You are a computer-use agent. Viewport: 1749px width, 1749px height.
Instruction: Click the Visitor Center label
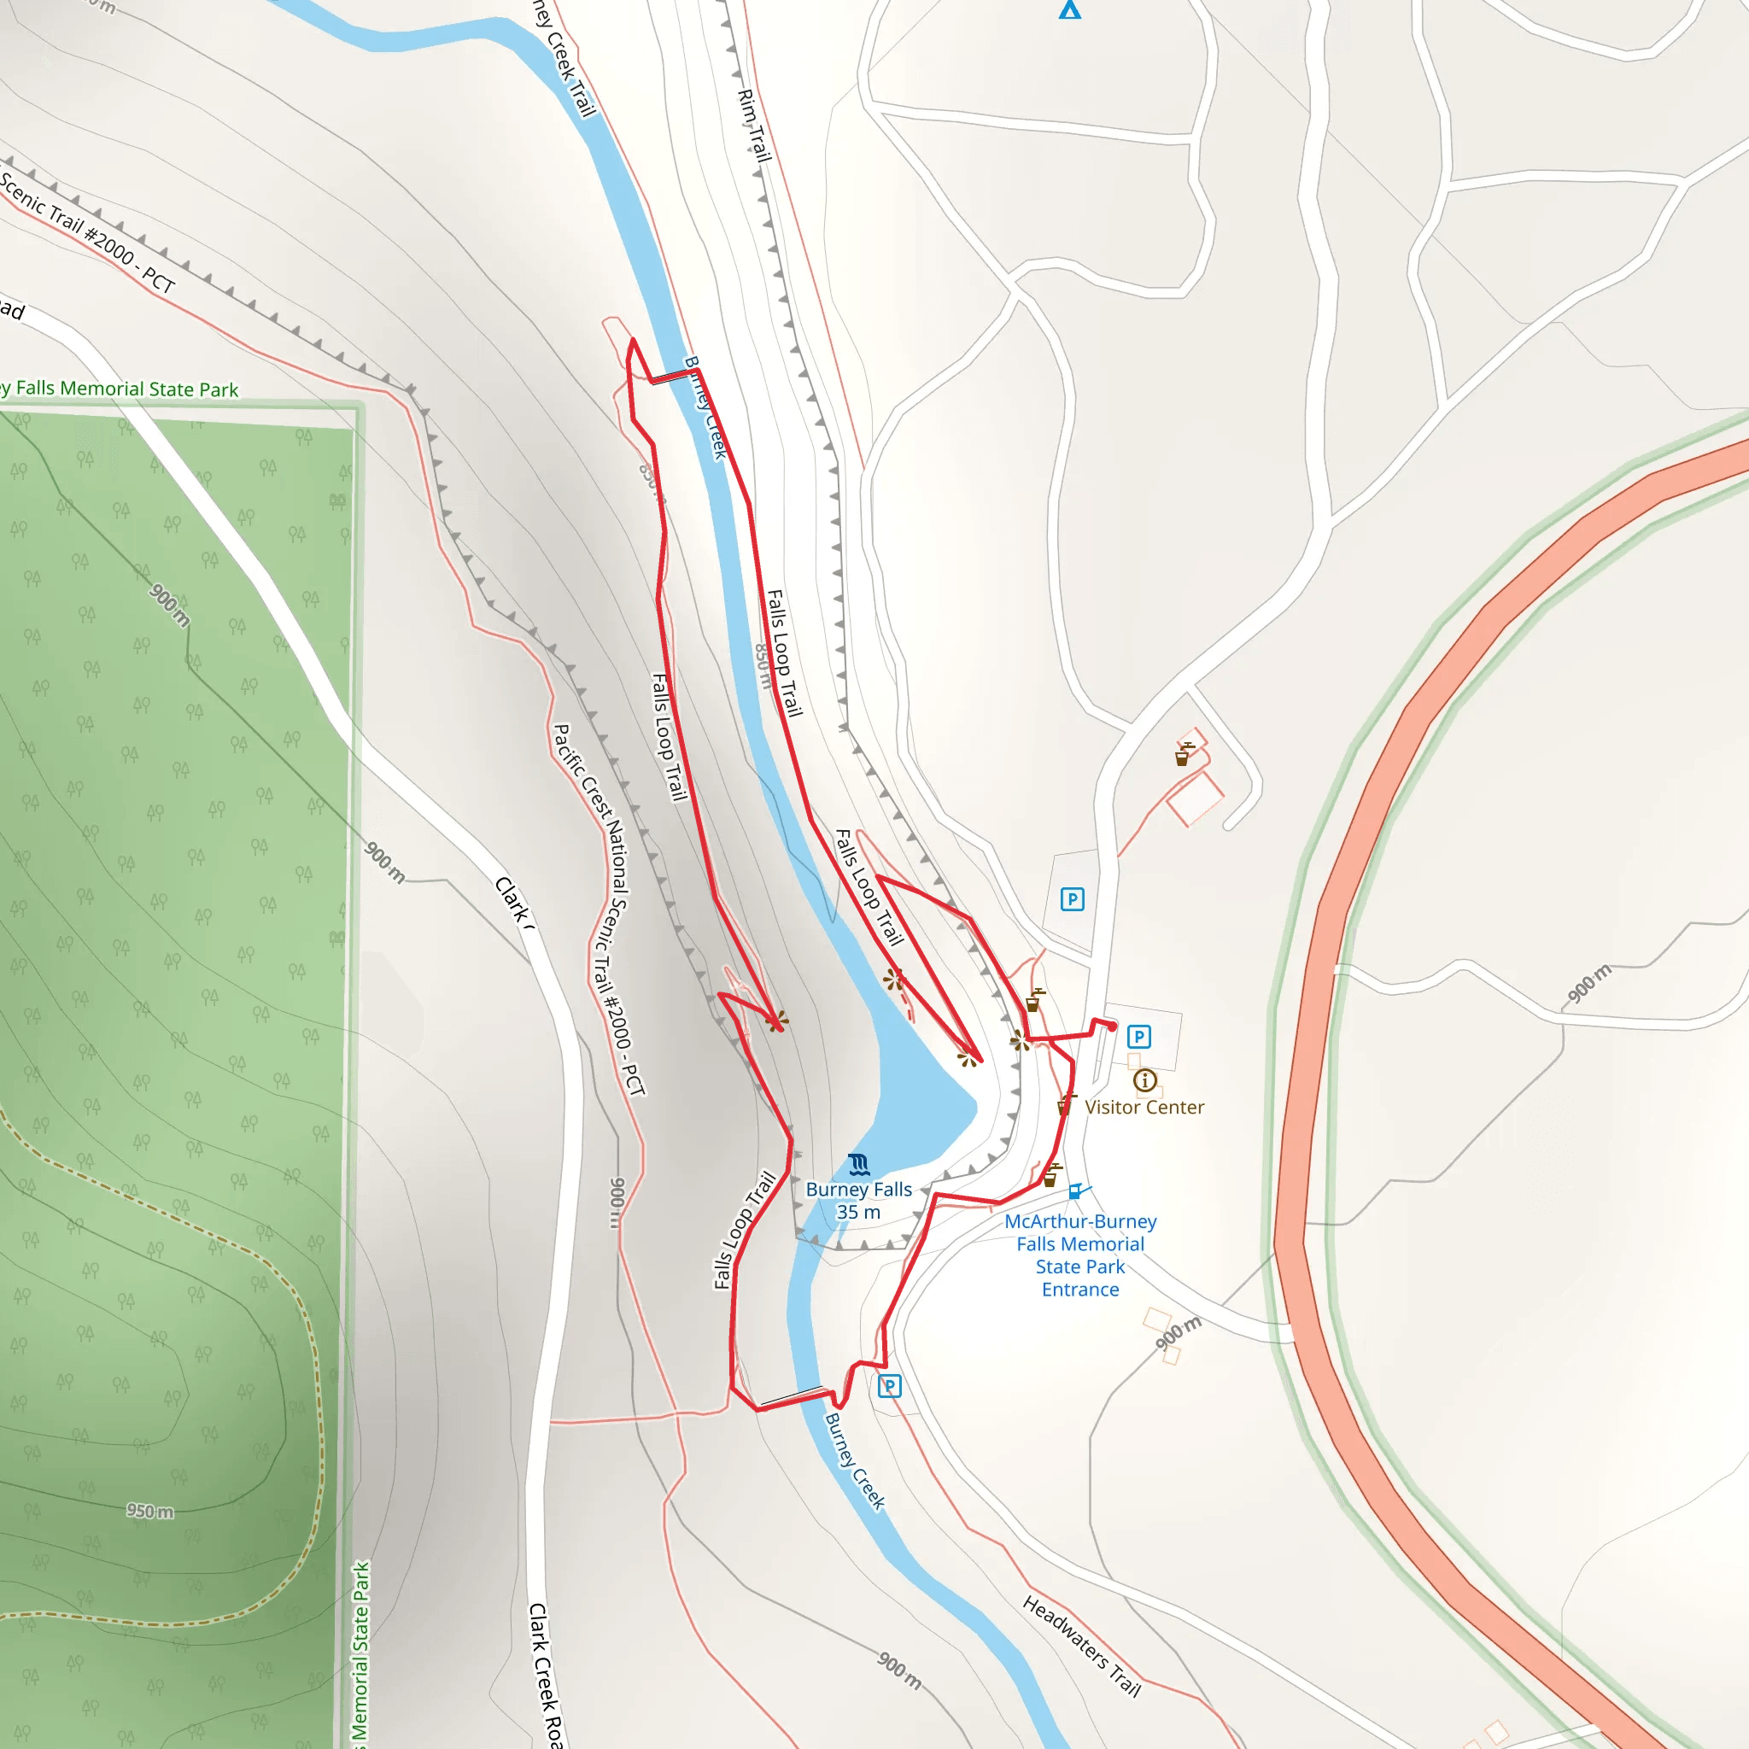[x=1144, y=1107]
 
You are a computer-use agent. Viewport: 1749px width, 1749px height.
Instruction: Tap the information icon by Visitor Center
[x=1144, y=1080]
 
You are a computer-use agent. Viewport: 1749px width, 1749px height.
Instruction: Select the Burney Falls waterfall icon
[x=859, y=1165]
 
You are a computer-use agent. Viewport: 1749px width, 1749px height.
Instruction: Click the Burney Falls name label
[x=858, y=1190]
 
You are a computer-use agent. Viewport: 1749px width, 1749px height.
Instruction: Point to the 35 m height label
[x=858, y=1212]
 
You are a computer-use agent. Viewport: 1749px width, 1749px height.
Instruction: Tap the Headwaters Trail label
[x=1082, y=1646]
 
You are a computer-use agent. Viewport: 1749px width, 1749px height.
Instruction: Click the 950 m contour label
[x=150, y=1511]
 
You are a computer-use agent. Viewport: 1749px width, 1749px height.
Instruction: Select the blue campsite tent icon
[x=1070, y=10]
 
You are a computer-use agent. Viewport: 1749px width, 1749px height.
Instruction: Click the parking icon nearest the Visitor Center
[x=1139, y=1037]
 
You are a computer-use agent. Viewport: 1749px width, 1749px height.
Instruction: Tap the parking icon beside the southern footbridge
[x=889, y=1386]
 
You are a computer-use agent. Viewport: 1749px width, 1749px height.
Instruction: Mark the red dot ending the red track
[x=1112, y=1027]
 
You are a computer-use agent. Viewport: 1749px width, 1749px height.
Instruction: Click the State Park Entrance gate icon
[x=1077, y=1191]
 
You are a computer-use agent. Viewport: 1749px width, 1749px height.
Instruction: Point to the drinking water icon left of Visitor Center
[x=1067, y=1104]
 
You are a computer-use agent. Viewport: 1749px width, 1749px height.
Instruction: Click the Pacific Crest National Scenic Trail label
[x=600, y=910]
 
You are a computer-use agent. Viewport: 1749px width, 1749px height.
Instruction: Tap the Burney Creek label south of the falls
[x=855, y=1461]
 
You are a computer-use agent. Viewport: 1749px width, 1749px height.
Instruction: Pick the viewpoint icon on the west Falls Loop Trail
[x=775, y=1022]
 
